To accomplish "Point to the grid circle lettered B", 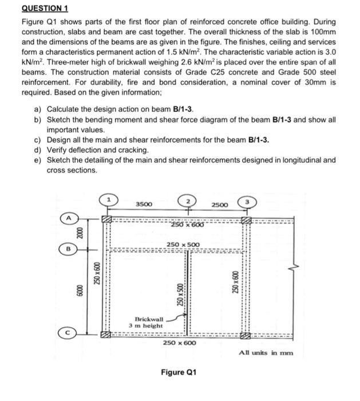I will click(x=68, y=249).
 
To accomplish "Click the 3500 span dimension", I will click(x=144, y=205).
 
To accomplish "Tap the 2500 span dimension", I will click(x=219, y=205).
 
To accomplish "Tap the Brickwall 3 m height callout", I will click(x=149, y=321).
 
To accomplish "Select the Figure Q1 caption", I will click(x=180, y=372).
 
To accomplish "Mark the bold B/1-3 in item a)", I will click(x=181, y=109).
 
